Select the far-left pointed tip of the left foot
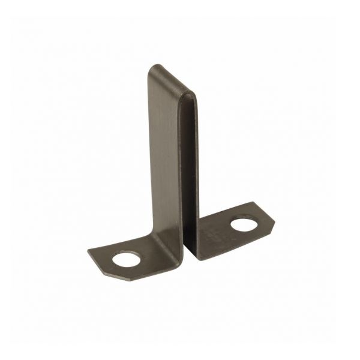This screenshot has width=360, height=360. point(89,251)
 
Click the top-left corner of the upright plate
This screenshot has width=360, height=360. point(151,67)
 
